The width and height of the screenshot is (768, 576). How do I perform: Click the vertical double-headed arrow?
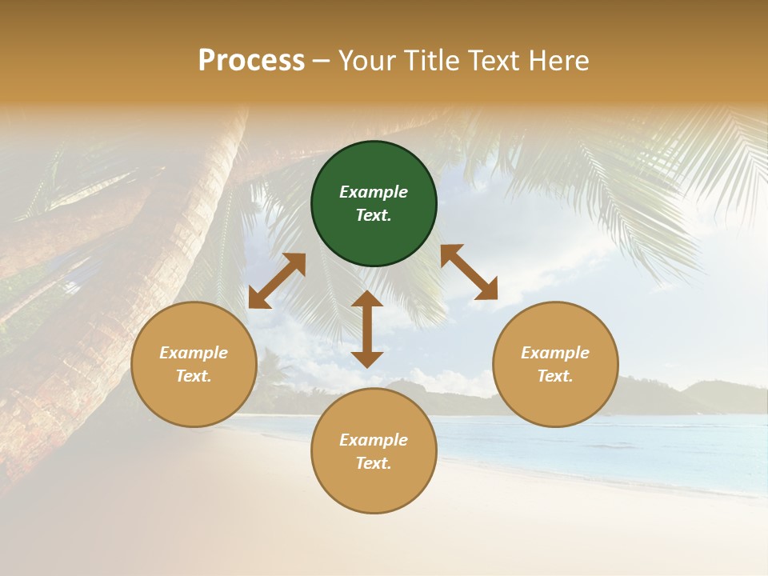point(367,330)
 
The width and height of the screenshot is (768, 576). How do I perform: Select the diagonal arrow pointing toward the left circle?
point(277,281)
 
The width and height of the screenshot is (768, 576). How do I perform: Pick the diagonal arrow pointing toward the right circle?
point(469,272)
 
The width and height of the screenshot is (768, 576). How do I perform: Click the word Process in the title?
point(251,61)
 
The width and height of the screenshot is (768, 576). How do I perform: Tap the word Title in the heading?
point(433,61)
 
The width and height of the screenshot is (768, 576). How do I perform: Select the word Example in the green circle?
point(374,192)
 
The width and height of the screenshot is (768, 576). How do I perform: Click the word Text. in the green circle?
point(374,215)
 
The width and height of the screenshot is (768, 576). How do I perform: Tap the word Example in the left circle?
point(194,353)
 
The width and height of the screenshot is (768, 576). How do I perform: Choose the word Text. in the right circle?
point(555,376)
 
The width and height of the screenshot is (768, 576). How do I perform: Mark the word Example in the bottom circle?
point(374,440)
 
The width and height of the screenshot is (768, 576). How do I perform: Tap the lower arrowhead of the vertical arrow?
point(367,360)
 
